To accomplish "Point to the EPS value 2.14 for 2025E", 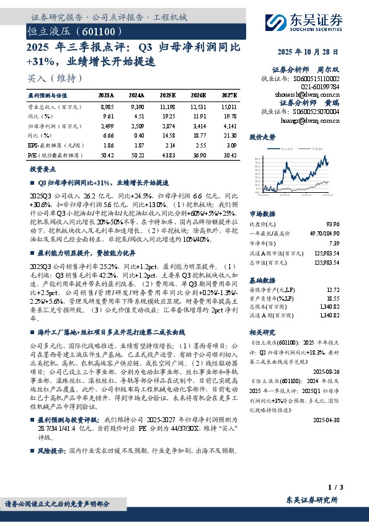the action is click(x=168, y=143).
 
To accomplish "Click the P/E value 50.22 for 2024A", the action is click(x=138, y=152).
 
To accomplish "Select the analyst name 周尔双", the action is click(x=330, y=70).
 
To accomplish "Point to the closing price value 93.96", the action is click(x=332, y=224).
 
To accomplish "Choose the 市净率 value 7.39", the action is click(x=334, y=243).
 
